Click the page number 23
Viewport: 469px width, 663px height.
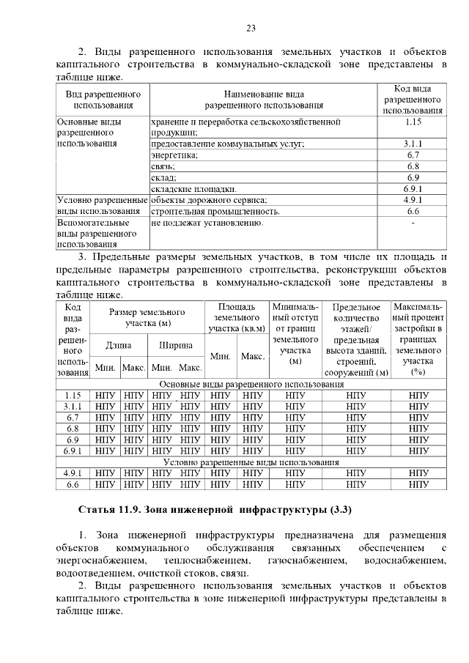251,29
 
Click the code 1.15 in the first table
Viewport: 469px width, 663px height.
413,122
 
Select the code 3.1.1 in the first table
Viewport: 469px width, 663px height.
413,144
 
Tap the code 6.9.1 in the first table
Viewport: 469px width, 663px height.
413,188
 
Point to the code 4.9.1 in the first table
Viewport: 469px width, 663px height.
413,200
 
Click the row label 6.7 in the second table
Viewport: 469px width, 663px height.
73,418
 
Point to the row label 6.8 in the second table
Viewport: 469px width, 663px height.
73,429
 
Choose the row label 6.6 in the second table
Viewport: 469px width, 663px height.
73,484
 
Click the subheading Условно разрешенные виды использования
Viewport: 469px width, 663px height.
251,462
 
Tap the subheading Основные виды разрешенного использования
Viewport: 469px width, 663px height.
251,384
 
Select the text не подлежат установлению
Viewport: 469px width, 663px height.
207,222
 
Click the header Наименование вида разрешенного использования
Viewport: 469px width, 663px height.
264,100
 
